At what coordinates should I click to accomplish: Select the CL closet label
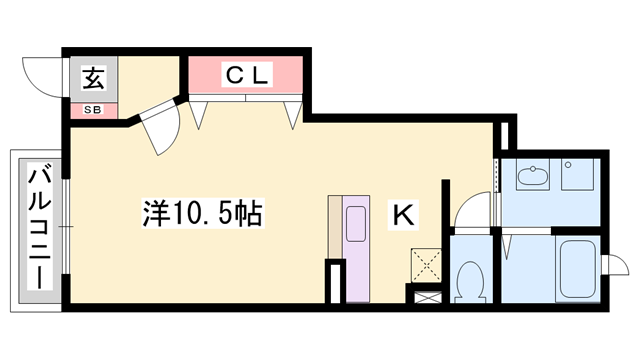246,74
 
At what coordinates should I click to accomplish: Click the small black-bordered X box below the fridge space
425,295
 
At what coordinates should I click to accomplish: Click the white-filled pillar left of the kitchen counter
336,280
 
